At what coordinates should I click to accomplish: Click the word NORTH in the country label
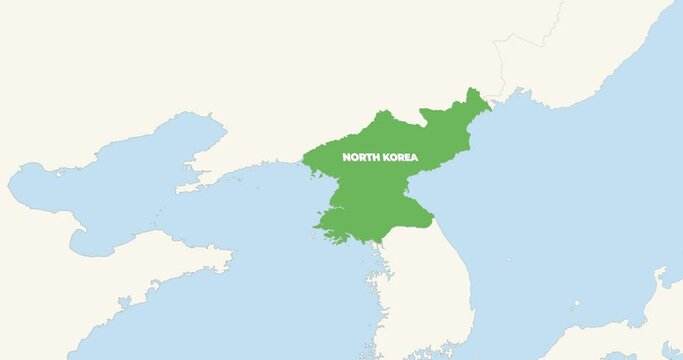click(x=360, y=158)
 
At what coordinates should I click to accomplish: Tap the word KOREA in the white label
click(x=399, y=158)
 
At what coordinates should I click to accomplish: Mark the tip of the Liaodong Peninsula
click(x=181, y=187)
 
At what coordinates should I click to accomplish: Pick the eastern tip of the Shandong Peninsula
click(x=231, y=266)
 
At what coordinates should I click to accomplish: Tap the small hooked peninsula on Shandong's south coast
click(x=125, y=301)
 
